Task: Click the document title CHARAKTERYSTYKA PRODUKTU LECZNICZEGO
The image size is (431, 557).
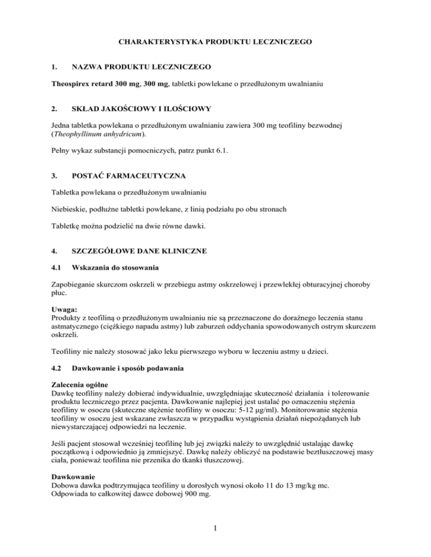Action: tap(215, 41)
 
